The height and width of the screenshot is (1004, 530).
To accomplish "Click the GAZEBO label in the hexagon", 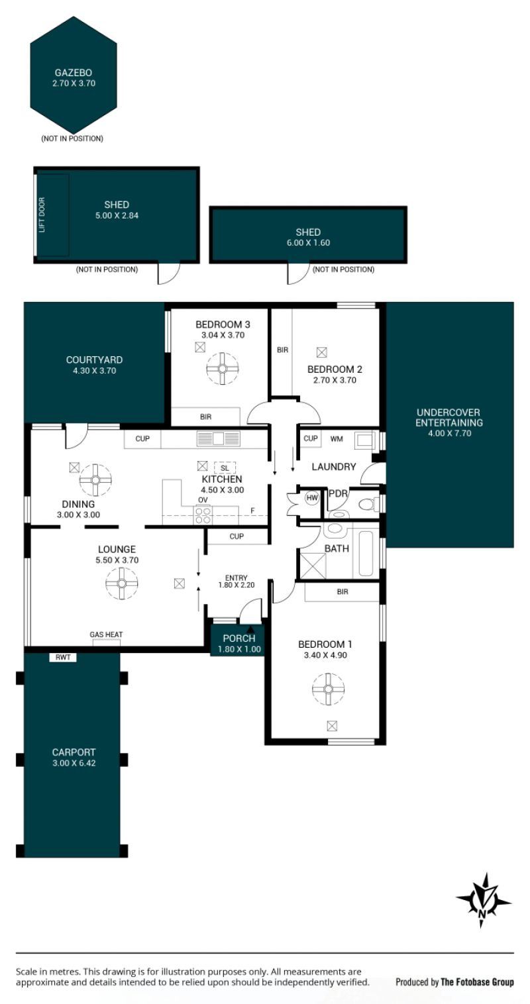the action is click(74, 72).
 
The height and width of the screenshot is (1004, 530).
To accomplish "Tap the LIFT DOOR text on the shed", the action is click(42, 215).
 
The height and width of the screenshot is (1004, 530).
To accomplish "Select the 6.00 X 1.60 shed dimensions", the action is click(308, 242).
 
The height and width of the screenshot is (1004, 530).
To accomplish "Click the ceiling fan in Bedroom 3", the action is click(223, 368).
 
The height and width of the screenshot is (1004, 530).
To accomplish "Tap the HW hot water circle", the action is click(311, 497).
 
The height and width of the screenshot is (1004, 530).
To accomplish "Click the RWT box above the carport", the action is click(63, 657).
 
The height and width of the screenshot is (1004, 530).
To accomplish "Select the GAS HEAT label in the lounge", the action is click(106, 634).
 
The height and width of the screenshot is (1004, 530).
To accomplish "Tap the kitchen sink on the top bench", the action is click(219, 438).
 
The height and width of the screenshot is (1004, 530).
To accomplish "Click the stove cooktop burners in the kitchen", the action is click(203, 515).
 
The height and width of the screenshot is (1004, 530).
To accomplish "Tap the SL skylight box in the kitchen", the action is click(225, 468).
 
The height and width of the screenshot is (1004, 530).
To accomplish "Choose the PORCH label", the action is click(239, 638).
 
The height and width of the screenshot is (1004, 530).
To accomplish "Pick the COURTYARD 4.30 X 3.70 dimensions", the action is click(94, 371).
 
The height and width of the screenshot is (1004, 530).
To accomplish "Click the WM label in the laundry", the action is click(337, 439).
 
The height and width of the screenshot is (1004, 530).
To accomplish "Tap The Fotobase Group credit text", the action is click(477, 983).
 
